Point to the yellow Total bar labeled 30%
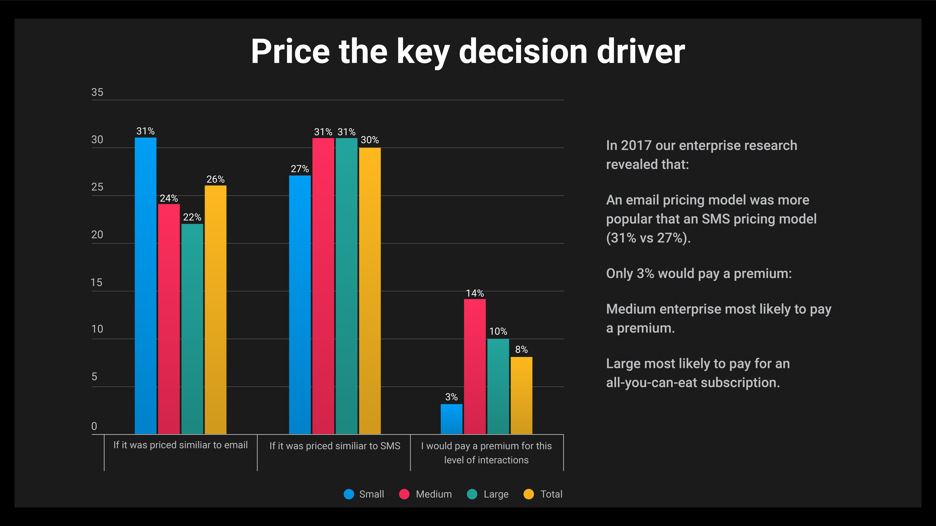tap(370, 290)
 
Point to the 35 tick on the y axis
tap(97, 92)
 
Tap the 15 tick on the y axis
tap(96, 282)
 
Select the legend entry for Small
tap(364, 494)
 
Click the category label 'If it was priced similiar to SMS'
tap(335, 446)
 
